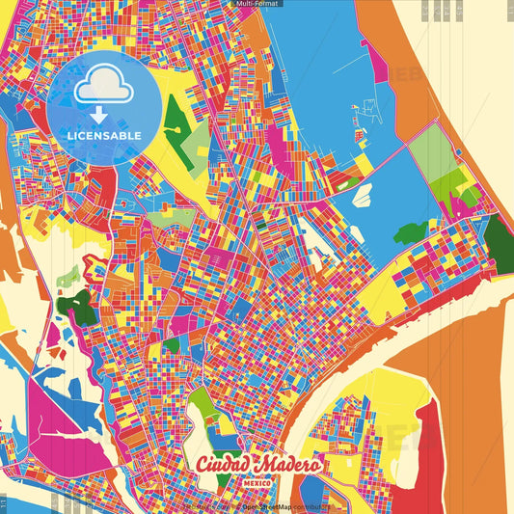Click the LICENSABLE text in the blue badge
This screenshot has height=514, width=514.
coord(103,136)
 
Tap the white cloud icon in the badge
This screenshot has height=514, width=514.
coord(103,88)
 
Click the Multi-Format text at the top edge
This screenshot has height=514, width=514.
coord(257,4)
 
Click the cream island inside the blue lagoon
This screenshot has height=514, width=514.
coord(364,194)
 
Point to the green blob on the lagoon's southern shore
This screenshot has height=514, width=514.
coord(411,232)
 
